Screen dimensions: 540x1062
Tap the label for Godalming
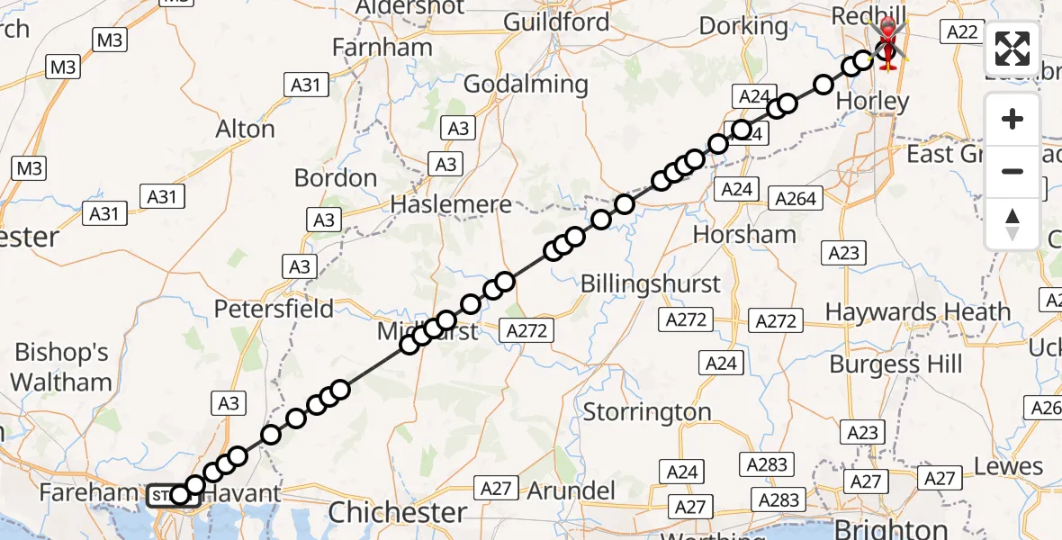coord(526,85)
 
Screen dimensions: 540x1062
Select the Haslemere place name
coord(450,205)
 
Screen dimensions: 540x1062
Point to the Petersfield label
coord(274,309)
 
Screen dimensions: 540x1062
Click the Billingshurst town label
coord(650,283)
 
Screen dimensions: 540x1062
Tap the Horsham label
coord(744,235)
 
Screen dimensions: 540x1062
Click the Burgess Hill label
coord(895,364)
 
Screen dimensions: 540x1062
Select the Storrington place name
coord(647,413)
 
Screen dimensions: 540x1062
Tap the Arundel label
coord(571,490)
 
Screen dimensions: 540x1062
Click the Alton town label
coord(245,130)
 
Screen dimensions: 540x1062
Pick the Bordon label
coord(336,178)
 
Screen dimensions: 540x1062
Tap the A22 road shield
coord(959,32)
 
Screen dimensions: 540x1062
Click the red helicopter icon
coord(889,41)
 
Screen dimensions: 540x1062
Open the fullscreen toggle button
coord(1012,49)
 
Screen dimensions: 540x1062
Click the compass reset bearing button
coord(1012,223)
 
